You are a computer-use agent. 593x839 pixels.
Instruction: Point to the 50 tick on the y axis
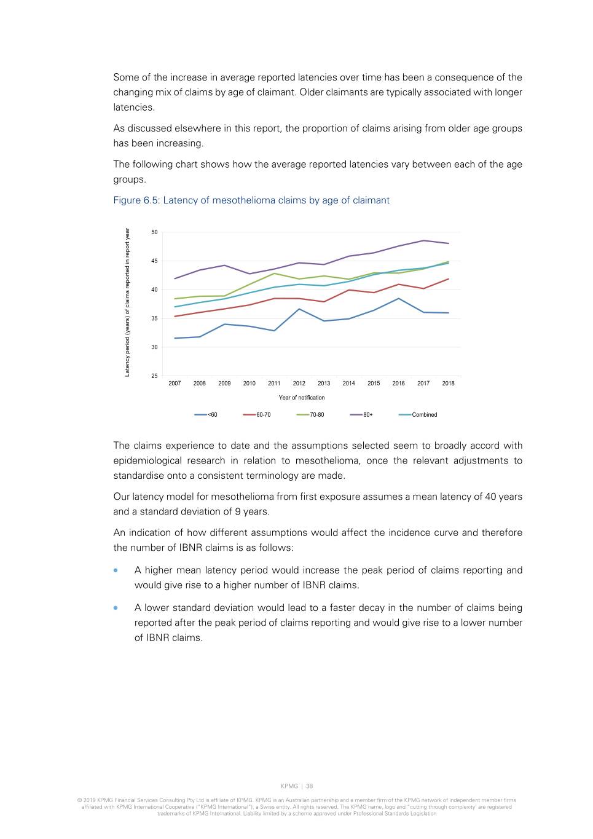pyautogui.click(x=154, y=232)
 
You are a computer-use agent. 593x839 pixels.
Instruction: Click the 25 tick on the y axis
pyautogui.click(x=154, y=376)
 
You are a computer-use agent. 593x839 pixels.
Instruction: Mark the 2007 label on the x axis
pyautogui.click(x=175, y=384)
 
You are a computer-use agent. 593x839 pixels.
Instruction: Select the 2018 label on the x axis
pyautogui.click(x=448, y=384)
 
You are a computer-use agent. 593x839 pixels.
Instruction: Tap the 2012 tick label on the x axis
pyautogui.click(x=299, y=384)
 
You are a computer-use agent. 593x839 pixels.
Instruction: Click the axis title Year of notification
pyautogui.click(x=302, y=398)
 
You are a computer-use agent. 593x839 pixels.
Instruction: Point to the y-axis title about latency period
pyautogui.click(x=127, y=302)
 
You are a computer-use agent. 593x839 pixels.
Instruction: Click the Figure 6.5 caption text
pyautogui.click(x=251, y=200)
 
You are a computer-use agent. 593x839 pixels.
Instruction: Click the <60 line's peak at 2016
pyautogui.click(x=399, y=299)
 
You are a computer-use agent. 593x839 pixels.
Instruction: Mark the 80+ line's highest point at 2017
pyautogui.click(x=423, y=240)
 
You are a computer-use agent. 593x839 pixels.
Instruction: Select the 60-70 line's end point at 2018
pyautogui.click(x=448, y=279)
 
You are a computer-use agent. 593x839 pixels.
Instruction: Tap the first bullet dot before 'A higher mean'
pyautogui.click(x=116, y=570)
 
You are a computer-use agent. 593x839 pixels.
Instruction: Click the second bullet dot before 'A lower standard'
pyautogui.click(x=116, y=608)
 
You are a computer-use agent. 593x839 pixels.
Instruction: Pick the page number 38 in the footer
pyautogui.click(x=310, y=786)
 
